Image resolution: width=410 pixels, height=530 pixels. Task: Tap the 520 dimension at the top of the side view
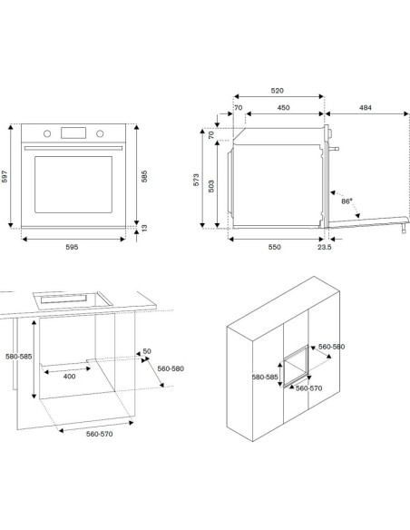[278, 92]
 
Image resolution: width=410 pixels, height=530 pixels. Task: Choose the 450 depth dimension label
[283, 107]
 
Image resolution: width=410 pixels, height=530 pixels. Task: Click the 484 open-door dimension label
[365, 107]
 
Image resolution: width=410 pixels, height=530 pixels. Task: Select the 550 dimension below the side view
[274, 247]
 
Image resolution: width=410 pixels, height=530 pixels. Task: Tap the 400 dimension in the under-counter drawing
[68, 376]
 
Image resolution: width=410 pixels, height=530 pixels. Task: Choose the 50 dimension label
[146, 351]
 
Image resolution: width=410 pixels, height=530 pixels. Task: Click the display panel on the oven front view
[73, 133]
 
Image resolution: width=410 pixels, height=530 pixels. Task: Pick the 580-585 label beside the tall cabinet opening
[264, 377]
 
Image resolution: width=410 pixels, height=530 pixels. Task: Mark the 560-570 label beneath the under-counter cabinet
[81, 435]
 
